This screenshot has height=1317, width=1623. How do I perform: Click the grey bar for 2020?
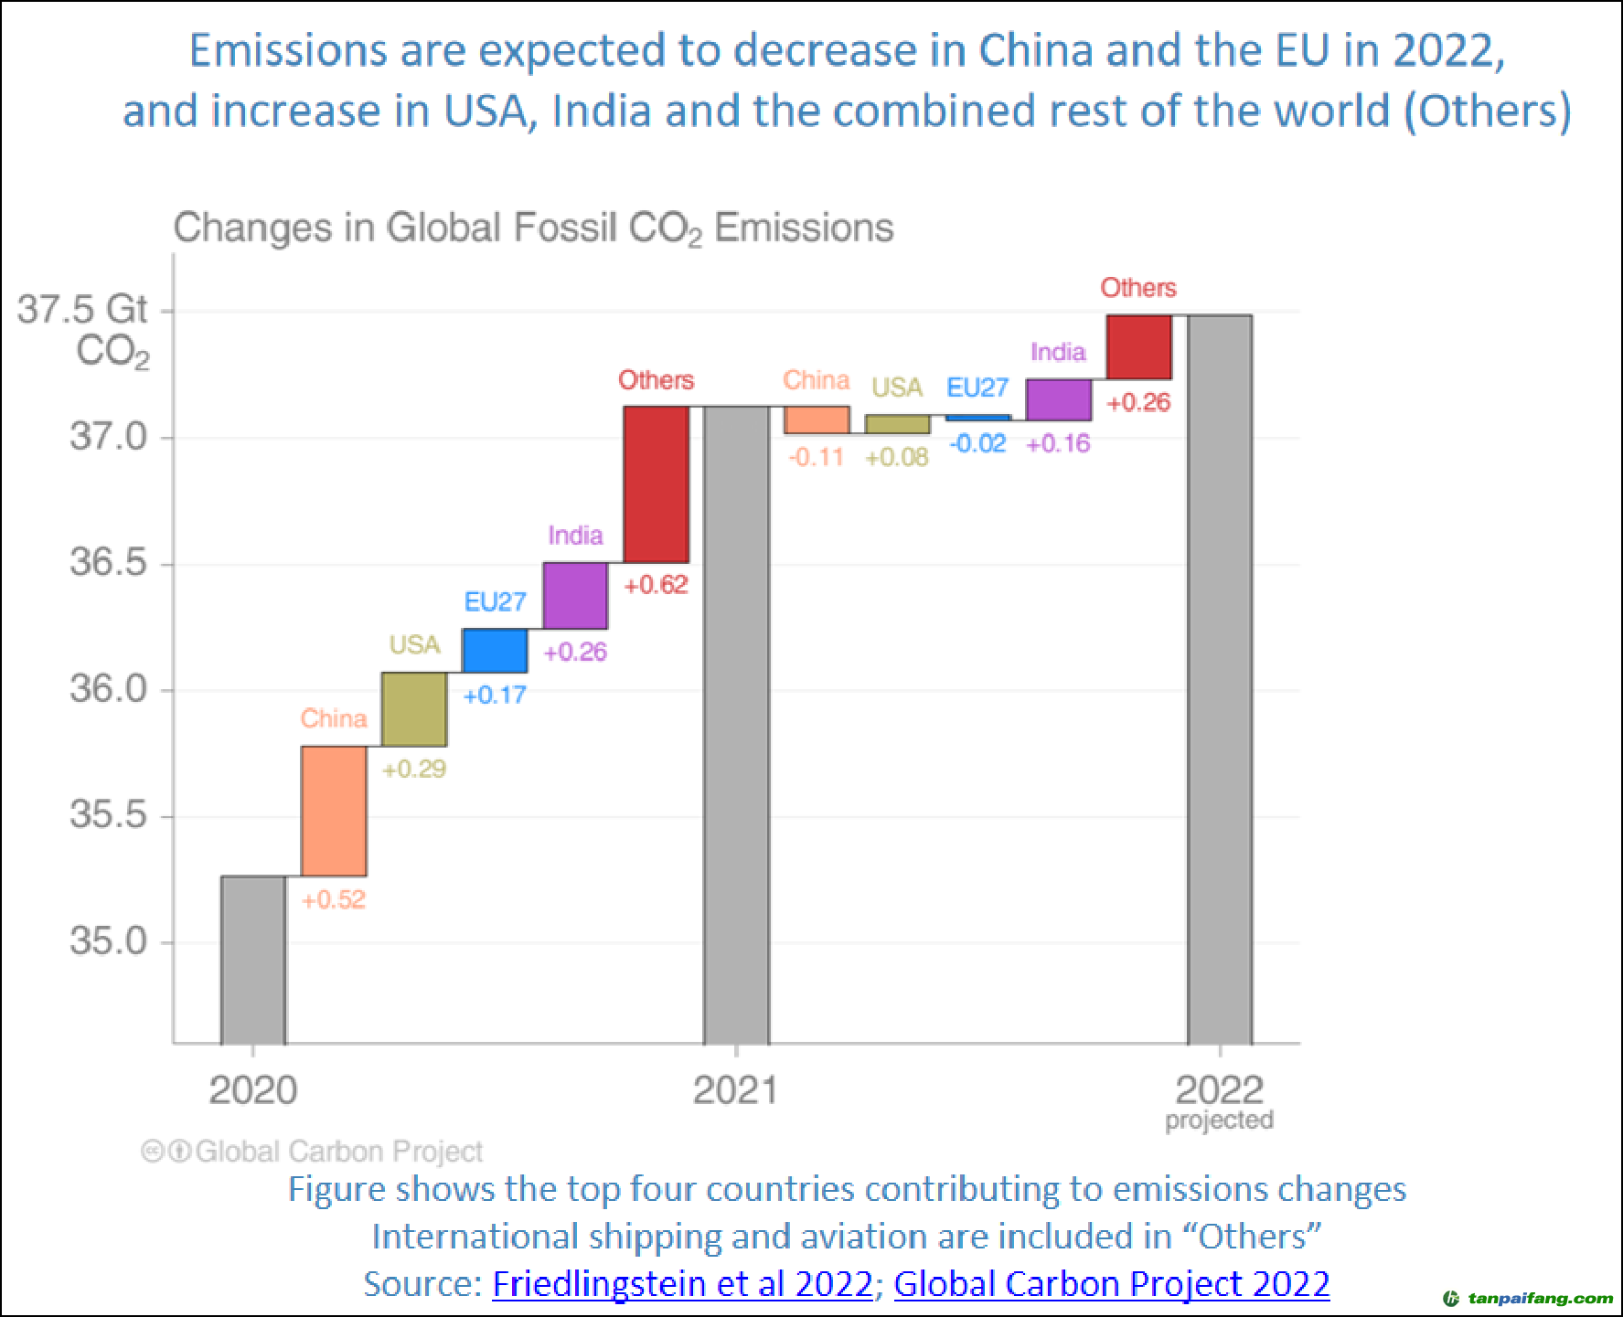[x=253, y=960]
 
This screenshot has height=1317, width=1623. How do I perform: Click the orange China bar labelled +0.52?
[x=334, y=811]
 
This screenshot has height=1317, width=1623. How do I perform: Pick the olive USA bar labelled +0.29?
[x=414, y=709]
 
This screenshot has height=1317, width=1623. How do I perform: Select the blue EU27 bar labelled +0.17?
[x=495, y=651]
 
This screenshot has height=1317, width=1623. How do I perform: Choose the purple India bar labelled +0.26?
[x=575, y=596]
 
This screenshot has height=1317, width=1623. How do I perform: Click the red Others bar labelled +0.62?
[x=656, y=484]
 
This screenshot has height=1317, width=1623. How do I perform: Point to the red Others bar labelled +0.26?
[x=1138, y=347]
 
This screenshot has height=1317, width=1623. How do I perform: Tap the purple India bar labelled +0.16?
[x=1059, y=400]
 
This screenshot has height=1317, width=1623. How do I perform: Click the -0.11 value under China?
[x=816, y=457]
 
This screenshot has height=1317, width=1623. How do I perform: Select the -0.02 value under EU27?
[x=977, y=444]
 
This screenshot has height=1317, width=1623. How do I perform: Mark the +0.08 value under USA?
[x=897, y=457]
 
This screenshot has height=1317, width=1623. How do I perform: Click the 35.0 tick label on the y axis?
[x=108, y=941]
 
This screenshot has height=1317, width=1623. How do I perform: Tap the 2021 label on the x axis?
[x=735, y=1090]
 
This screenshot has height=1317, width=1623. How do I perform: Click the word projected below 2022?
[x=1219, y=1121]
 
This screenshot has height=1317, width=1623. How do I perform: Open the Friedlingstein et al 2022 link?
[x=682, y=1284]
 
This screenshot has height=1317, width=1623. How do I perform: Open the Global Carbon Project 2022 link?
[x=1111, y=1284]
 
